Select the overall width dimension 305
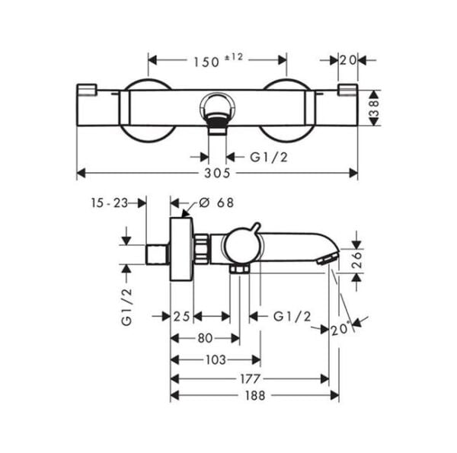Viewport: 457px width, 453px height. coord(218,173)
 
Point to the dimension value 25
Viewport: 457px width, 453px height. coord(181,315)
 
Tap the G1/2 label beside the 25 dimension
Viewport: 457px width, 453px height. coord(291,315)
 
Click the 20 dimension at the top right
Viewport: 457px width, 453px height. coord(349,60)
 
